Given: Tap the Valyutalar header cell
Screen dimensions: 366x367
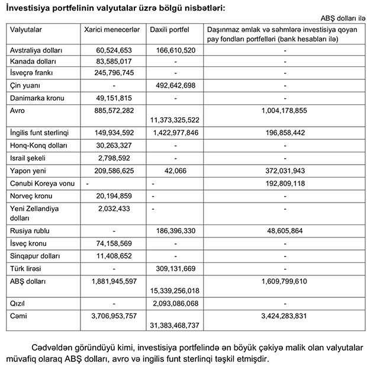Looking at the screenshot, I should click(x=28, y=28).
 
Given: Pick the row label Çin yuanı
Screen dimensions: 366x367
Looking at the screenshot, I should click(x=25, y=85).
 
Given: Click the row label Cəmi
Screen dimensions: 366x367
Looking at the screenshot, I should click(x=20, y=316).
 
